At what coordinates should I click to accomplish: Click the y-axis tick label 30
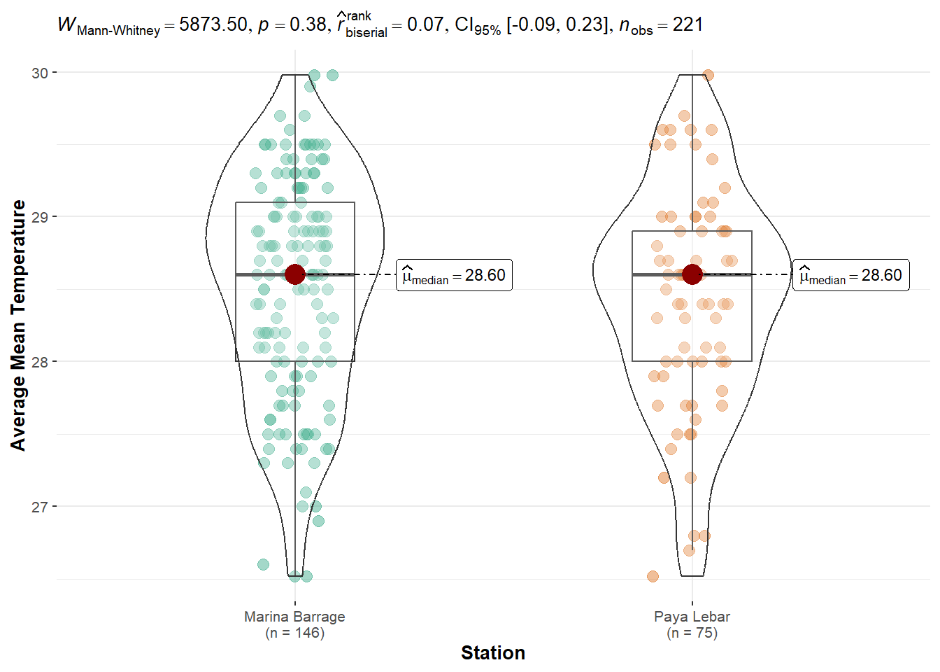tap(39, 73)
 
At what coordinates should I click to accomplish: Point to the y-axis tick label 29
tap(39, 217)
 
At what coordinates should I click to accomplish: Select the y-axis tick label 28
tap(39, 362)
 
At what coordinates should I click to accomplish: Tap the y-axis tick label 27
tap(39, 507)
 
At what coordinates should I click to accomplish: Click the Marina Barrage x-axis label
tap(294, 617)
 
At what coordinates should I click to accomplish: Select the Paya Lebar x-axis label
tap(692, 617)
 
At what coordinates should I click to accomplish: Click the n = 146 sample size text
tap(294, 633)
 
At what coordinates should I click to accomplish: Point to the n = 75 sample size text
tap(692, 633)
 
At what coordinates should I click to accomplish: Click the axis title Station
tap(492, 653)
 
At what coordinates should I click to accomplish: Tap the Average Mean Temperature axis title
tap(18, 325)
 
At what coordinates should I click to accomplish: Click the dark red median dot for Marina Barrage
tap(295, 274)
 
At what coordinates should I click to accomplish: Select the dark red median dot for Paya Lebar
tap(692, 274)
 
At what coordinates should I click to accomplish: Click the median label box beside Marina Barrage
tap(454, 276)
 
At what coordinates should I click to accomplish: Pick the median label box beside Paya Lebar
tap(850, 276)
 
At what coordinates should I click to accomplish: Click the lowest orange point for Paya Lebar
tap(653, 577)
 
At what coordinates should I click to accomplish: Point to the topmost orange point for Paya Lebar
tap(708, 75)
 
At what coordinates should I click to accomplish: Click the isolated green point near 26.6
tap(263, 564)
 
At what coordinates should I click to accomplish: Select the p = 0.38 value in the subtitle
tap(291, 25)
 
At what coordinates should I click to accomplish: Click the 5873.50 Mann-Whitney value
tap(213, 25)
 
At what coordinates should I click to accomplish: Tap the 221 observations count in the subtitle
tap(688, 25)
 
